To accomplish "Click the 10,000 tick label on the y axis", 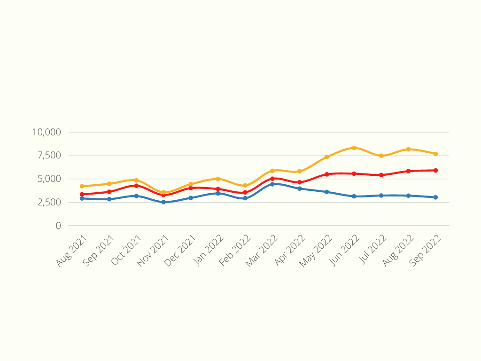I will (47, 132).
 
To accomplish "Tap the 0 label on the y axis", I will (58, 226).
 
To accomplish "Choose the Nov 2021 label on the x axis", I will (153, 251).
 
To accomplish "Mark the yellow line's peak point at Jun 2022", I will (354, 148).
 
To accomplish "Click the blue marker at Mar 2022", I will (272, 184).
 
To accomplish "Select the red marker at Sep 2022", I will (435, 171).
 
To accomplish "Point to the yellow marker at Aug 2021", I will (82, 186).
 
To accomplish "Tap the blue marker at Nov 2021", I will (163, 202).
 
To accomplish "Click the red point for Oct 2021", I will (136, 186).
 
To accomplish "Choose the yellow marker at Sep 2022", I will (435, 154).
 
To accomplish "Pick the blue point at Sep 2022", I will (435, 197).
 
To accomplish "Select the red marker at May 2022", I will (327, 174).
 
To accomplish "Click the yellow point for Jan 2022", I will (218, 179).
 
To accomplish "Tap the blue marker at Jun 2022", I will (354, 196).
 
